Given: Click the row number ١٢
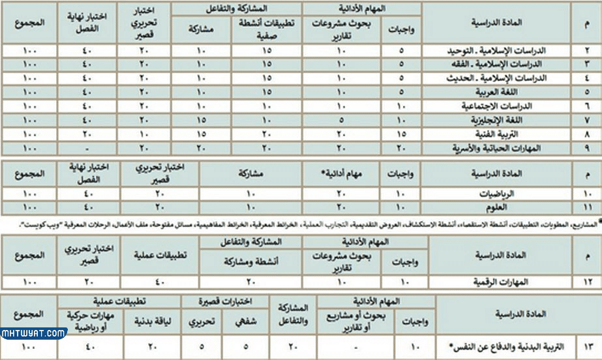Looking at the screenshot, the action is click(585, 282).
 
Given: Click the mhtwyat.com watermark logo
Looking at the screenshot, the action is click(34, 334).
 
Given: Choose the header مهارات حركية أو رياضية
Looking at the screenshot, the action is click(85, 320).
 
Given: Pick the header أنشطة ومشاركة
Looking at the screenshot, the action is click(260, 262).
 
